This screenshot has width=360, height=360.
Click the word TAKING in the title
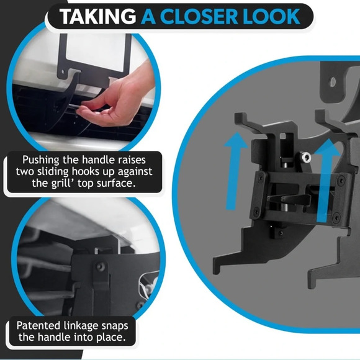point(98,17)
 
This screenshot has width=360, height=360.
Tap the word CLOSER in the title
point(199,17)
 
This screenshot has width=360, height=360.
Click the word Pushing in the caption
point(40,160)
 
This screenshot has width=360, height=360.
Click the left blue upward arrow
point(235,171)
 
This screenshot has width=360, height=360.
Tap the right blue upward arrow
point(325,181)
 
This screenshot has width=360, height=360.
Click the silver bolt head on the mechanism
point(305,158)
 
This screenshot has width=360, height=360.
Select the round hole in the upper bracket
point(333,82)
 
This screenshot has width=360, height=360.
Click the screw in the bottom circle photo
point(101,267)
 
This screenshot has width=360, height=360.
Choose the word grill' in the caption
point(62,184)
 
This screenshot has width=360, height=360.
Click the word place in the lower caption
point(110,338)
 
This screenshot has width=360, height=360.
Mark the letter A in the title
point(148,17)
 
